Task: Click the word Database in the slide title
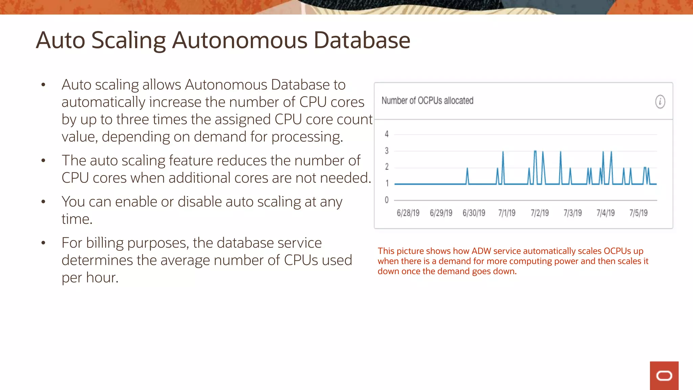click(362, 40)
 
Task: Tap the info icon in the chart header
click(660, 102)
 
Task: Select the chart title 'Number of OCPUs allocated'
click(427, 101)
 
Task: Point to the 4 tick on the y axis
click(387, 134)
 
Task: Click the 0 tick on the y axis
click(387, 200)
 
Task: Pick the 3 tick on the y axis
click(387, 151)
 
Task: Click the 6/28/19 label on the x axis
click(408, 213)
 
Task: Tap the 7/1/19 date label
click(507, 213)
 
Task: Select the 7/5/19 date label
click(639, 213)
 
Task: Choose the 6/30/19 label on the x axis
click(474, 213)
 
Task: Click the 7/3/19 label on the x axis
click(573, 213)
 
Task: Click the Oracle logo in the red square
click(664, 376)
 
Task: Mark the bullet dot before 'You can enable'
click(43, 202)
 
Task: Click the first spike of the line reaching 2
click(467, 169)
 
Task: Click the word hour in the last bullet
click(102, 278)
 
